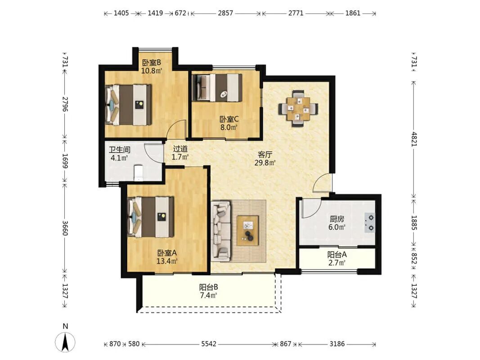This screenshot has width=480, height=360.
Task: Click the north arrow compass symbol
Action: click(65, 342)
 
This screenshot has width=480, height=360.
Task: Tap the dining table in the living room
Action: click(298, 108)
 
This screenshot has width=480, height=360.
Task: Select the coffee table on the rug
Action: click(248, 230)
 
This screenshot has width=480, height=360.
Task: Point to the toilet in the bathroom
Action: click(139, 173)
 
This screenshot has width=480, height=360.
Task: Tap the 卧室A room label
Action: click(167, 253)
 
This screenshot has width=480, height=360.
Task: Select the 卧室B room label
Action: click(151, 63)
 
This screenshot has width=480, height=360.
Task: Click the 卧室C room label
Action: click(229, 119)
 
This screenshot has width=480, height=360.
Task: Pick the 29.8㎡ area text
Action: click(265, 162)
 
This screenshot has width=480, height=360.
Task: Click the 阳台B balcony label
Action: click(208, 287)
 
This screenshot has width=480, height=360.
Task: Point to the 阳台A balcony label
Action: click(337, 254)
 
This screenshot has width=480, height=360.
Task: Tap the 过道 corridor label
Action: click(180, 149)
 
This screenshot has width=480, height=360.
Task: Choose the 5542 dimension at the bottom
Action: click(209, 344)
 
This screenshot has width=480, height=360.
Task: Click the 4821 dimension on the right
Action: click(414, 139)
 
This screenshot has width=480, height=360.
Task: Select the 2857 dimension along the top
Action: click(226, 13)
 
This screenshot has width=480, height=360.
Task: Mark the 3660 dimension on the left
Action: click(65, 228)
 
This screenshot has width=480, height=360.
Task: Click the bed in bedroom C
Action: click(217, 87)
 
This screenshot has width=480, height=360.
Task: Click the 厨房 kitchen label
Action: click(337, 219)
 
